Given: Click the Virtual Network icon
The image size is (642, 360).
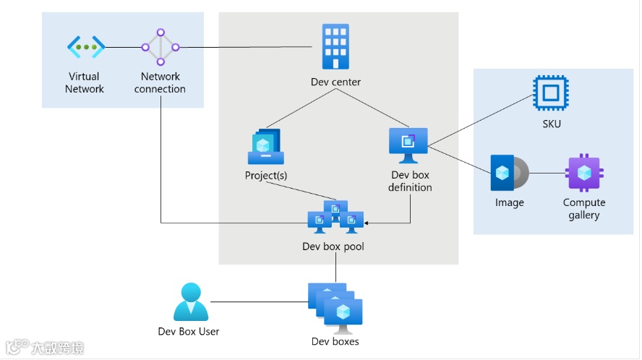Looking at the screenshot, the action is click(86, 47).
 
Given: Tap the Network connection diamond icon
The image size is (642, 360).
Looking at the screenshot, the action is click(160, 47).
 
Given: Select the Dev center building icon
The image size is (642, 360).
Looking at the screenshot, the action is click(335, 46).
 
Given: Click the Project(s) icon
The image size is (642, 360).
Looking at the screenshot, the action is click(266, 147).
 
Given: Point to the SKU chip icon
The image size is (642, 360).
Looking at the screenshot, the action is click(551, 93).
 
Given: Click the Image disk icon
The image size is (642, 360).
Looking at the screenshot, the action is click(510, 173).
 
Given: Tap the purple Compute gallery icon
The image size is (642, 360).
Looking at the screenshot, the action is click(584, 173).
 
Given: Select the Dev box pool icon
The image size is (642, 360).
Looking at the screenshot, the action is click(335, 217).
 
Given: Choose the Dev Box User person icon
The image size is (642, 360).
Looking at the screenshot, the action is click(191, 302).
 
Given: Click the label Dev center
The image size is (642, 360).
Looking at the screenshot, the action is click(335, 82).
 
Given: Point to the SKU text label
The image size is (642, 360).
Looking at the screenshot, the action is click(552, 124).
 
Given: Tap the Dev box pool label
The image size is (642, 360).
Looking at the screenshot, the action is click(333, 247).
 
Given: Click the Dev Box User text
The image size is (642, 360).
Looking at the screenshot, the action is click(189, 331).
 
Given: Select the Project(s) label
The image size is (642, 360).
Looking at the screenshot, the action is click(266, 175).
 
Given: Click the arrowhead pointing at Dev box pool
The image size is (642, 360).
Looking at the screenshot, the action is click(366, 223).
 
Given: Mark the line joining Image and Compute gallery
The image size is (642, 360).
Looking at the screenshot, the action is click(547, 173).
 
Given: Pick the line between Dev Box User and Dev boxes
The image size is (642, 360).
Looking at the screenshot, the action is click(259, 302).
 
